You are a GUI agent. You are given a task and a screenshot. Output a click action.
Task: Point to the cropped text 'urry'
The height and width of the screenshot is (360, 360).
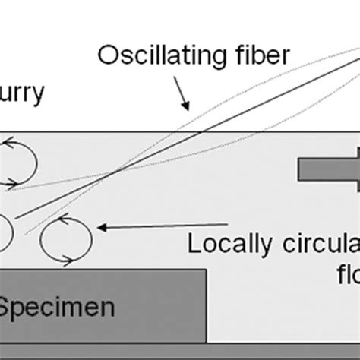[x=22, y=93]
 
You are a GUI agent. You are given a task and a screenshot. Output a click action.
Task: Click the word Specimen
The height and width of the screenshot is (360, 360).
[x=57, y=308]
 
